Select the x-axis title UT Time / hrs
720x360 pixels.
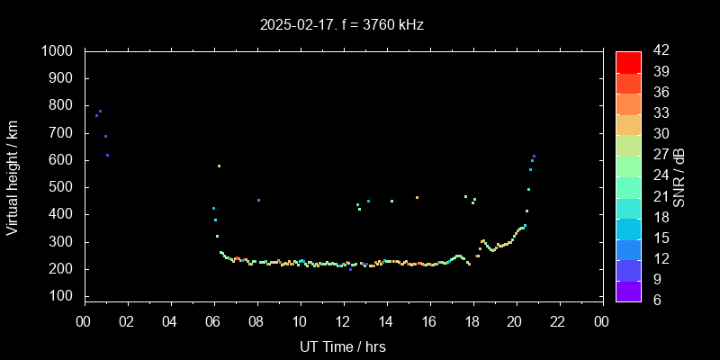point(343,346)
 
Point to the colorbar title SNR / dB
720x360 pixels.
point(679,177)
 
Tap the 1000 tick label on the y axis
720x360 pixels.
point(58,51)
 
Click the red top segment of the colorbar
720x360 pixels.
point(628,61)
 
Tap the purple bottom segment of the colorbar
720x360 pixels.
point(628,291)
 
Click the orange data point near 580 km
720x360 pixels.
point(219,166)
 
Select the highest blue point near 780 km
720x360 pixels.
point(100,112)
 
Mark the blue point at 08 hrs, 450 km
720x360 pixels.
point(258,200)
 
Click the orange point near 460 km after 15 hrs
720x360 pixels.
point(417,197)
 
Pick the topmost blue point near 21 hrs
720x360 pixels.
point(534,157)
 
